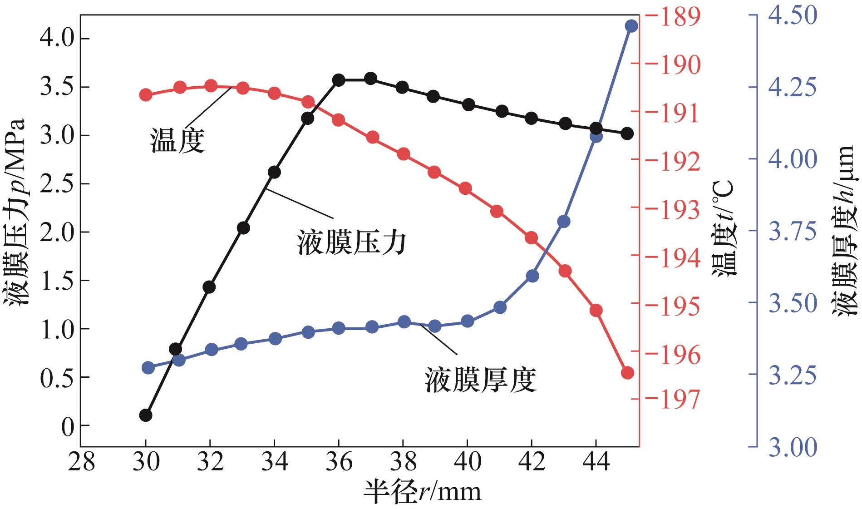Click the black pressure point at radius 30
145,415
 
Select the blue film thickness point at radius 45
631,26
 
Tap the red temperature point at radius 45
627,373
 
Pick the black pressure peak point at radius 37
370,78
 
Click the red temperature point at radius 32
211,85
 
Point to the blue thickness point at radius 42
532,276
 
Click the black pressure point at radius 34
274,172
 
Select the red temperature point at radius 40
465,188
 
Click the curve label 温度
177,140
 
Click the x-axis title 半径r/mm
422,491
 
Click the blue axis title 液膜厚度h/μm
845,230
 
